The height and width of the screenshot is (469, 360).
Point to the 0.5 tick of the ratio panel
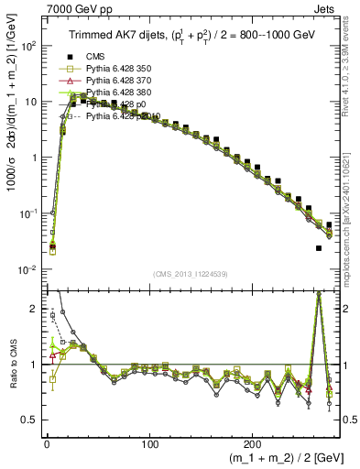29,420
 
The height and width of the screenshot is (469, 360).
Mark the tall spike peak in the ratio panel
318,294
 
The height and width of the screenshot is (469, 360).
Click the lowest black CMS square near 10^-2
319,248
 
